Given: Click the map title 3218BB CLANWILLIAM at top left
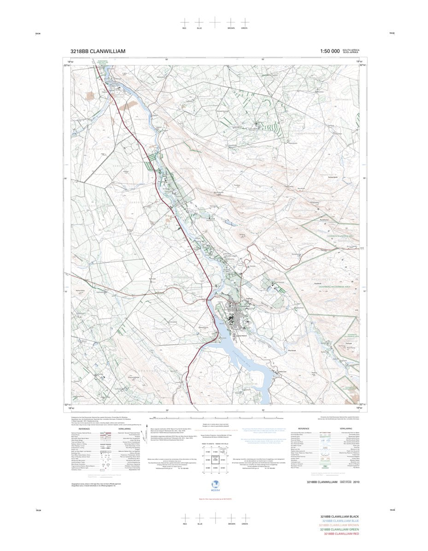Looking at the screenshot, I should click(x=98, y=51).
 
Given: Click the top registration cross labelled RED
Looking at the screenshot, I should click(x=184, y=22).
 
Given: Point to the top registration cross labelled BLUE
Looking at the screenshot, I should click(x=199, y=22).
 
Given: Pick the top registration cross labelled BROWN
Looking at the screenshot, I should click(x=231, y=22).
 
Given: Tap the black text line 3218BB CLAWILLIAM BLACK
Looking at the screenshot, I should click(x=340, y=516).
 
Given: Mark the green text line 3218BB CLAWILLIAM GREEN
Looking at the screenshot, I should click(x=340, y=529).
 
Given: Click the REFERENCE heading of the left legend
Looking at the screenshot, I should click(x=84, y=429).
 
